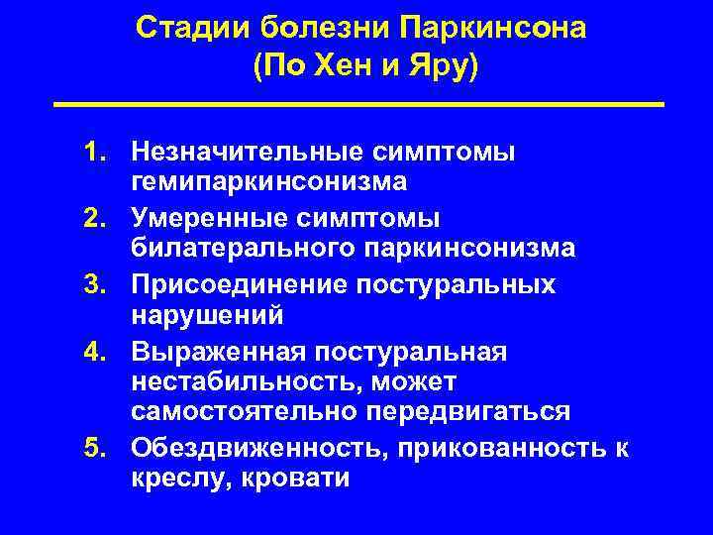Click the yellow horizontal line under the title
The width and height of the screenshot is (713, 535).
tap(356, 103)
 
